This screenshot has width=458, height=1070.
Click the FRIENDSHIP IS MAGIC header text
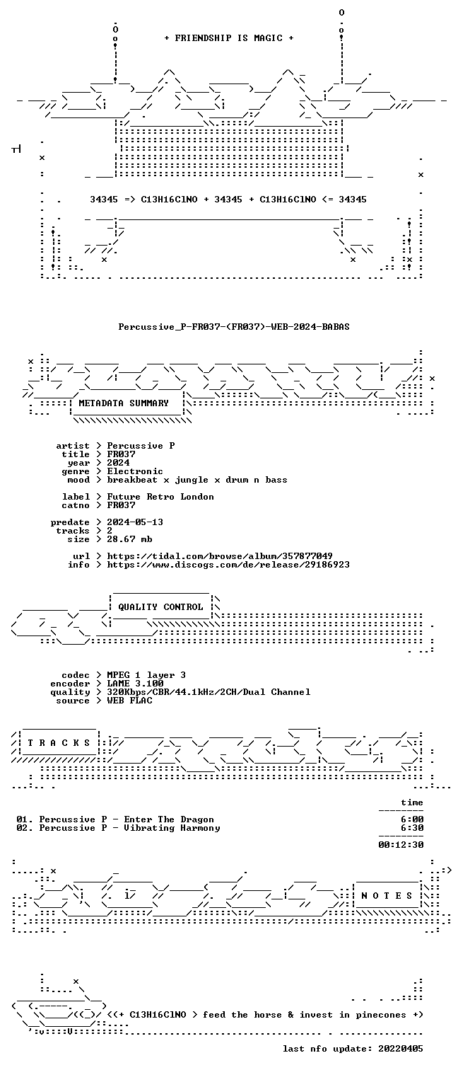point(229,38)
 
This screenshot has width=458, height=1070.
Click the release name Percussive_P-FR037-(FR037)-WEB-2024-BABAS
point(234,327)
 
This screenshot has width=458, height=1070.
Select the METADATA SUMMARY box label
point(124,403)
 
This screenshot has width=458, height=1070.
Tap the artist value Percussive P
point(141,446)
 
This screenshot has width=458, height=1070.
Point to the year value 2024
point(118,462)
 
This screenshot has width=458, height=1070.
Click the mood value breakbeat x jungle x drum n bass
point(197,480)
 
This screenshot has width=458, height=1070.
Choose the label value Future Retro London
point(160,497)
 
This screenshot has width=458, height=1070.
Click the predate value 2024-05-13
point(135,522)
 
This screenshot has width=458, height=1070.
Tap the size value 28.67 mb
point(129,539)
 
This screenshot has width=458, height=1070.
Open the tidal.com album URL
point(219,556)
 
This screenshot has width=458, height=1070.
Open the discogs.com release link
point(228,565)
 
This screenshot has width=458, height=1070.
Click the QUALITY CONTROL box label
point(160,607)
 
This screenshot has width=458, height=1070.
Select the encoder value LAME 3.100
point(135,684)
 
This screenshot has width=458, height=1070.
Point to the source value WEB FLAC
point(129,701)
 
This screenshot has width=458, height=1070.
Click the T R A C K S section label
point(59,743)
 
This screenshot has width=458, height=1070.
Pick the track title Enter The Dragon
point(169,819)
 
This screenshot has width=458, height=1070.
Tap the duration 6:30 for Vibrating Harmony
point(412,828)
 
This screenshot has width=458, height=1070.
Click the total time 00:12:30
point(401,844)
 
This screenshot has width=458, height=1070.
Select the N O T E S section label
point(387,896)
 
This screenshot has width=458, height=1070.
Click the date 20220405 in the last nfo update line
point(401,1049)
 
